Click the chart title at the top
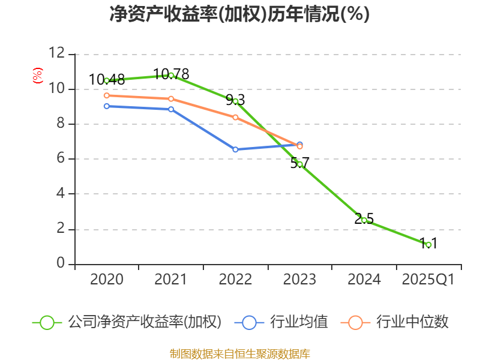(x=239, y=14)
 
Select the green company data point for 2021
(x=171, y=75)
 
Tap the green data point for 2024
(x=364, y=220)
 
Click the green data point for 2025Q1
(x=428, y=245)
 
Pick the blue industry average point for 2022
(x=235, y=149)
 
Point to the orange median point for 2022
(x=235, y=117)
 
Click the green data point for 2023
(x=299, y=164)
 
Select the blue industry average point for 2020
(x=107, y=106)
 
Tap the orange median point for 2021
(x=171, y=99)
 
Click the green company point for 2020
(x=107, y=80)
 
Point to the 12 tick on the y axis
(x=56, y=54)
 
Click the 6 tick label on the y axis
(x=60, y=159)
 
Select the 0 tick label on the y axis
(x=60, y=264)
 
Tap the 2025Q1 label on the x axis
(x=428, y=280)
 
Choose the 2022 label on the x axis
(x=235, y=280)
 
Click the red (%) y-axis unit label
(x=37, y=76)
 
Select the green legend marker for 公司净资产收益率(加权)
(x=47, y=323)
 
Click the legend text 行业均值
(x=299, y=322)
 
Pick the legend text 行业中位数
(x=412, y=322)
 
